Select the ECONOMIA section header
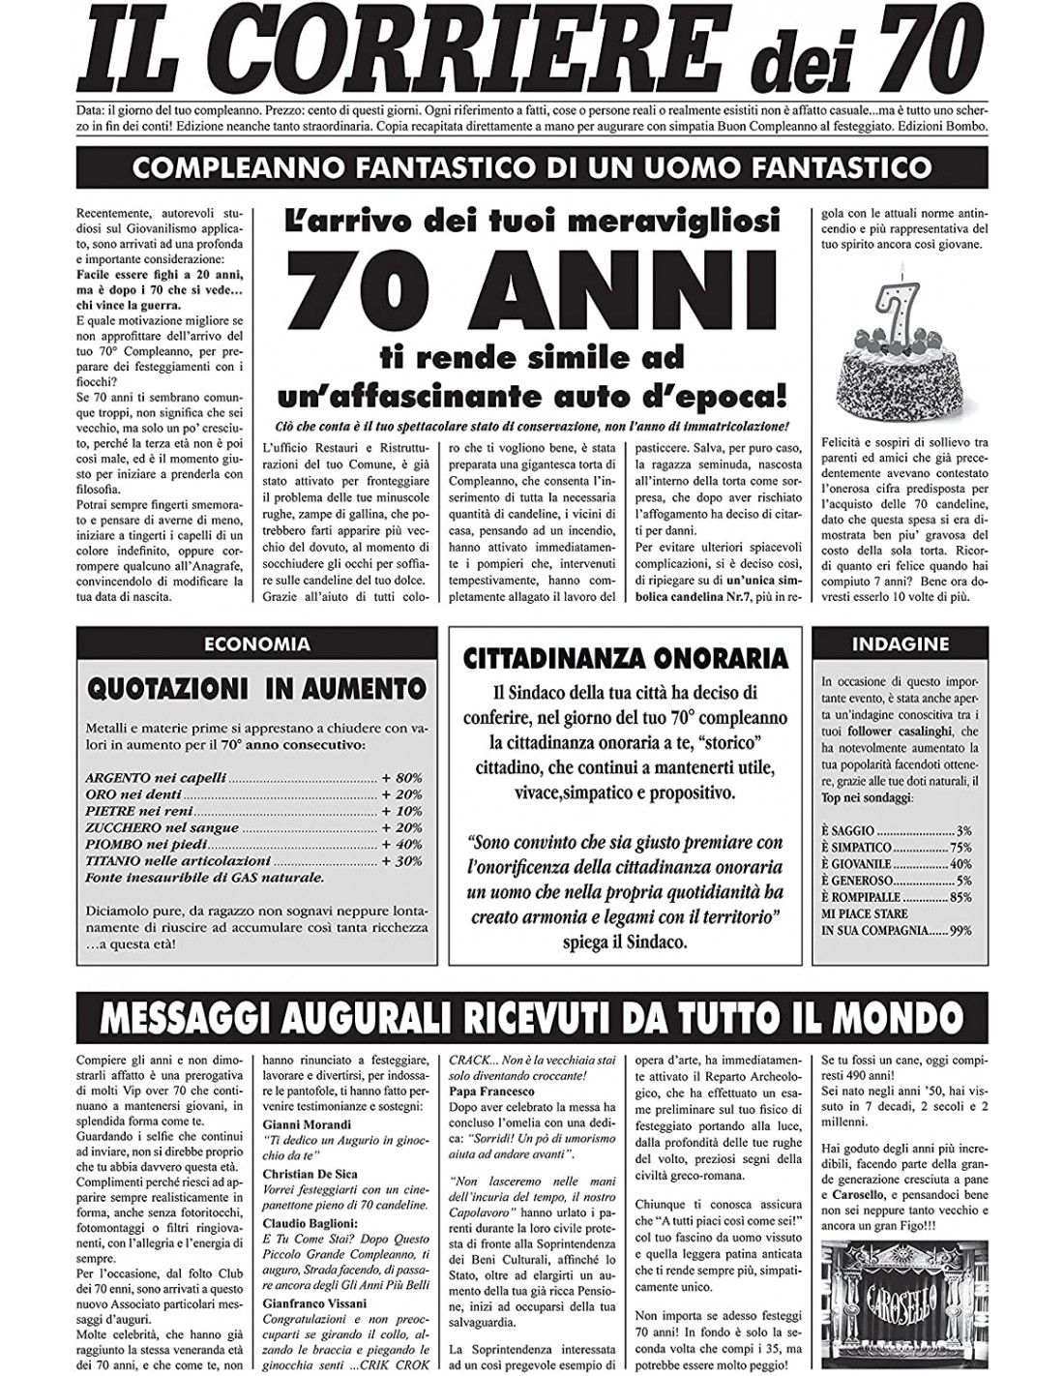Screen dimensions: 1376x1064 coord(256,643)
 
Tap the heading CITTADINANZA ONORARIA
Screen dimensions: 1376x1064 coord(626,659)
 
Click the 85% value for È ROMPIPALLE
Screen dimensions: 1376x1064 coord(961,897)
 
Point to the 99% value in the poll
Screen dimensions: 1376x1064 coord(961,930)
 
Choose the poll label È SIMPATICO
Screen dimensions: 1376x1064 coord(855,847)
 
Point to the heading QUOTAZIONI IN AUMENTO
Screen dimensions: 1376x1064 coord(256,688)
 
